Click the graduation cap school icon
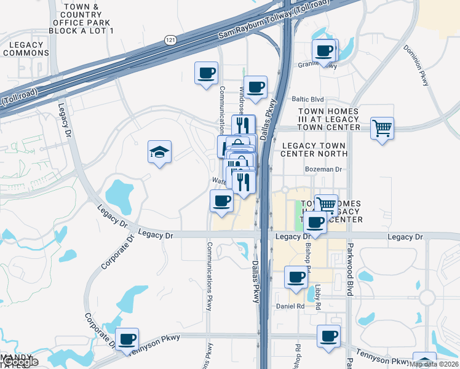159,151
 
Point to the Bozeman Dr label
323,169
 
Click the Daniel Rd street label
290,306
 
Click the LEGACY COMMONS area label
26,49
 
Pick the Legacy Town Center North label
314,149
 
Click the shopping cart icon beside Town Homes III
382,129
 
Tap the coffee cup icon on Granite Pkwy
324,52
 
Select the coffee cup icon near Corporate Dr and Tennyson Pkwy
127,339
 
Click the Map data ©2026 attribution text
434,364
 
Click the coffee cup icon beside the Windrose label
255,87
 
